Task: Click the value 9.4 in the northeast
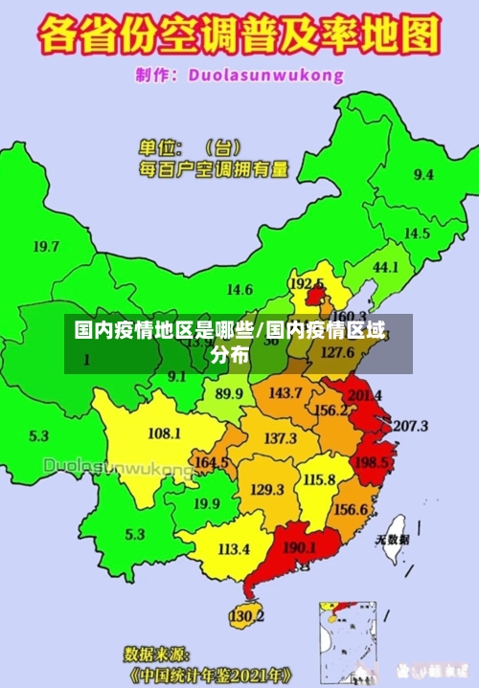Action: [422, 174]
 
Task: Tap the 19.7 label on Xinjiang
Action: [46, 246]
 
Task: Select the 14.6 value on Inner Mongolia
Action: [239, 289]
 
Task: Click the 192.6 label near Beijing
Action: [307, 283]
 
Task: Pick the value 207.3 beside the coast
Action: [410, 425]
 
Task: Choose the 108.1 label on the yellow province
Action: [164, 433]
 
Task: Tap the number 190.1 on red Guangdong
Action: [301, 547]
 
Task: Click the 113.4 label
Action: [234, 549]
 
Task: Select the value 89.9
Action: [229, 393]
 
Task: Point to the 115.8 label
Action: [319, 479]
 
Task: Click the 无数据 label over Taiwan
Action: [392, 540]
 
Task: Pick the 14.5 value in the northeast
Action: [417, 233]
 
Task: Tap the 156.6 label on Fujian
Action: [351, 509]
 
